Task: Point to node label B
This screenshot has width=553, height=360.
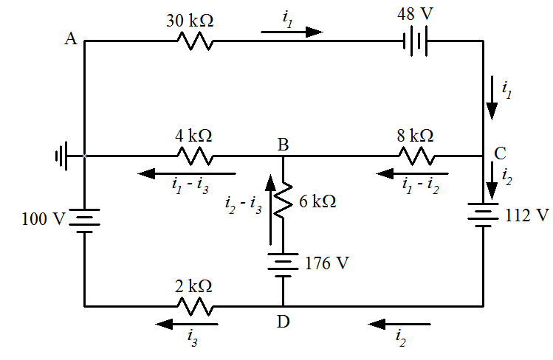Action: coord(282,145)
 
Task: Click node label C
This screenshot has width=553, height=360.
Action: coord(500,153)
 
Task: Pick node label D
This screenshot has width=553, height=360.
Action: coord(283,322)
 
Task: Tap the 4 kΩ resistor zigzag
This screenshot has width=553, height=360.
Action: coord(195,156)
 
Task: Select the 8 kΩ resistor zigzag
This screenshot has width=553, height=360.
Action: coord(416,156)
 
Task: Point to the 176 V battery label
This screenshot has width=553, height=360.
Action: coord(327,263)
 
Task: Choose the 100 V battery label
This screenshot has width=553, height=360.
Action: coord(45,219)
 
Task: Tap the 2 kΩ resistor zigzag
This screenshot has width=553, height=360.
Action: coord(195,305)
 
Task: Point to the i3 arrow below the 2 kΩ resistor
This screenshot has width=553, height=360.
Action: coord(187,323)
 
